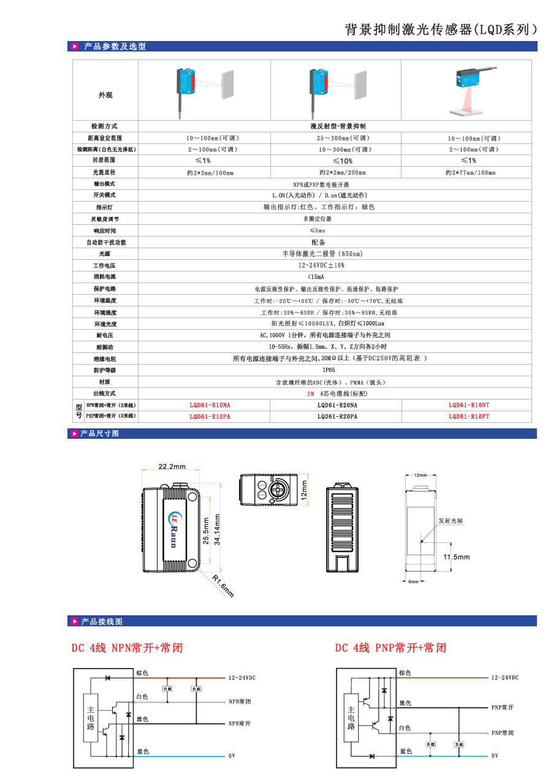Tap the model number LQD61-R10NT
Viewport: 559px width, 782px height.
point(469,405)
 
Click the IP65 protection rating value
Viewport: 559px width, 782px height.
point(329,370)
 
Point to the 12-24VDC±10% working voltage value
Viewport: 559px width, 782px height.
point(321,265)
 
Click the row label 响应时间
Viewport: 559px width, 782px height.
point(105,231)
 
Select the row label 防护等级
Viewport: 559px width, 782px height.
point(105,370)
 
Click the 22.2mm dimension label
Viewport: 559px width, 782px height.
point(172,466)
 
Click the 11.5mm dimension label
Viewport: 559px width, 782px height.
point(457,557)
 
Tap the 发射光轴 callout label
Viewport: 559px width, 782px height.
point(450,520)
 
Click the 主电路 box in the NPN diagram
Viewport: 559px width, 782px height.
point(91,718)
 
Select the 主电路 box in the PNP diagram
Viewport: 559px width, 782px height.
point(351,718)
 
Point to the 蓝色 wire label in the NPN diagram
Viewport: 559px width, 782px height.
point(142,751)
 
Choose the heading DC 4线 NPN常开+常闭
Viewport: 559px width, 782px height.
point(127,648)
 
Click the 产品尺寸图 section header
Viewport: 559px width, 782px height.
point(100,433)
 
